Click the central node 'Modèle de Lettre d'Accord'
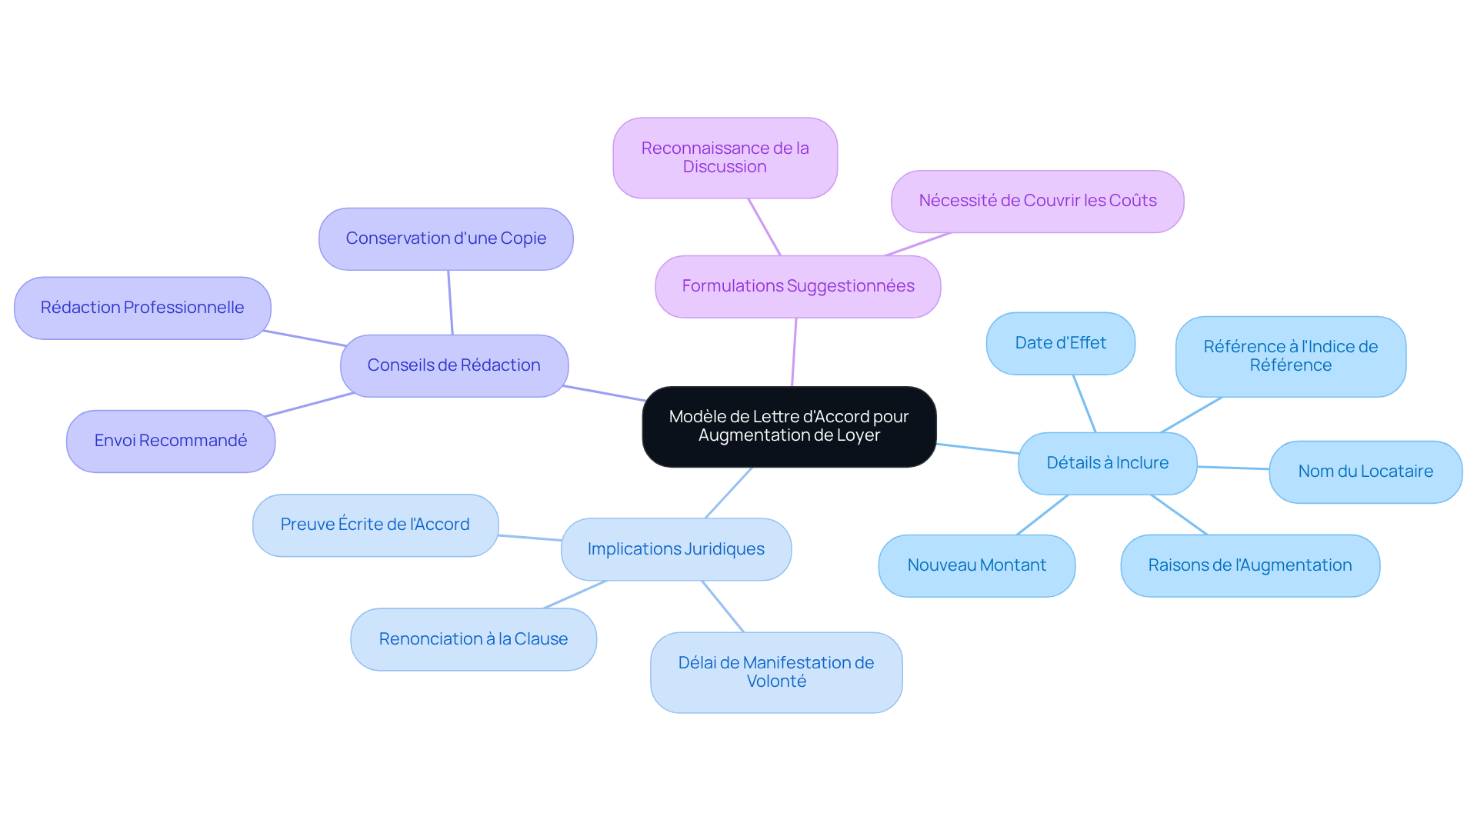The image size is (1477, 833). coord(789,426)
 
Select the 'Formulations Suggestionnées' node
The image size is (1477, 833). coord(798,286)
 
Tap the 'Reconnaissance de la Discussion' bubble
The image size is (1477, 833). coord(725,158)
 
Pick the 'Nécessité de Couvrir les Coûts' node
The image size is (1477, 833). coord(1037,201)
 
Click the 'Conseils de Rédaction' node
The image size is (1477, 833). coord(454,365)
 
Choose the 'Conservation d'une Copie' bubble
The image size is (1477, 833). coord(445,238)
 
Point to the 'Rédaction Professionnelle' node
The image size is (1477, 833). coord(142,308)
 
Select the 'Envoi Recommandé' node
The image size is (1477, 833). coord(171,441)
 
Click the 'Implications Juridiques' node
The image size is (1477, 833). coord(675,549)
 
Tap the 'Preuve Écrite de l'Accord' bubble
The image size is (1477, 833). coord(375,525)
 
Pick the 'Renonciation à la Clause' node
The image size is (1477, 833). coord(473,639)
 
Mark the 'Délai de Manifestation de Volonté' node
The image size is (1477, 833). coord(775,672)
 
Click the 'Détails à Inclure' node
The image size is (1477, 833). coord(1107,463)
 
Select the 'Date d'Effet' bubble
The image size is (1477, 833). coord(1060,343)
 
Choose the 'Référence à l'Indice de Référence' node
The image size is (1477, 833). coord(1290,356)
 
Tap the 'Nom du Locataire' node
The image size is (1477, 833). coord(1365,471)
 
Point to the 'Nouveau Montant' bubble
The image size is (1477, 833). coord(976,565)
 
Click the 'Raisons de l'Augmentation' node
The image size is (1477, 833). coord(1249,565)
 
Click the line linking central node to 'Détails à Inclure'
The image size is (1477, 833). coord(977,448)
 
